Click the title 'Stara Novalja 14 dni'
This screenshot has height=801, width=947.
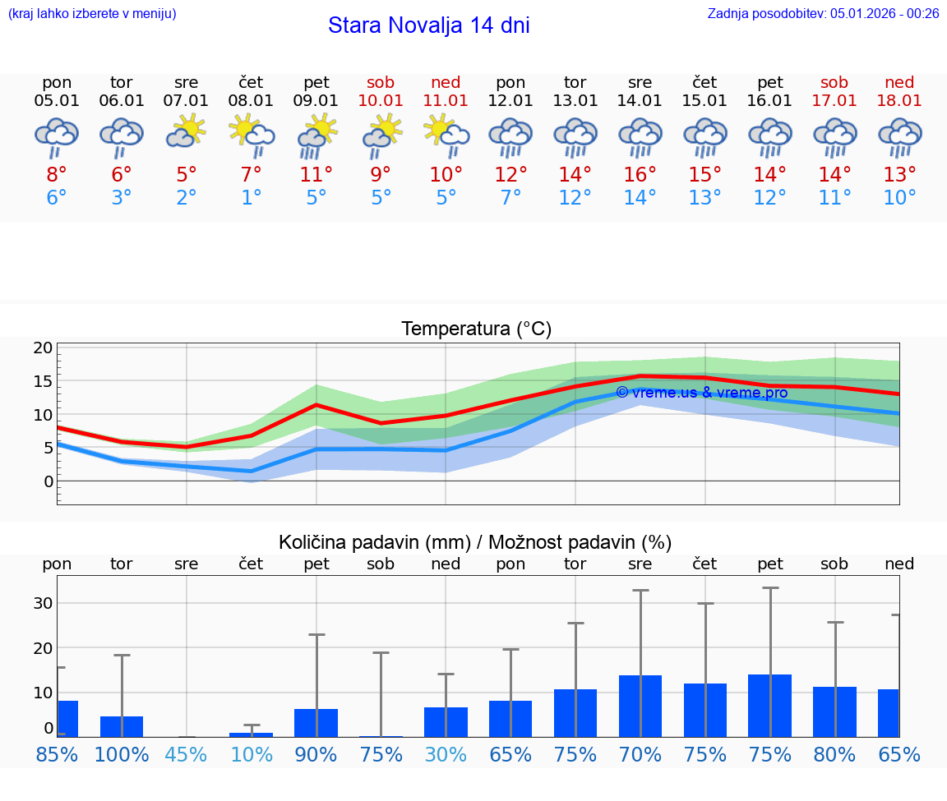(x=428, y=25)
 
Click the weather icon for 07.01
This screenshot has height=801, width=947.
(x=187, y=131)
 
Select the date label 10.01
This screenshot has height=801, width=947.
(x=381, y=100)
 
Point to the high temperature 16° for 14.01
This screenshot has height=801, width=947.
(x=640, y=174)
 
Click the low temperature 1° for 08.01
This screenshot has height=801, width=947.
(x=252, y=198)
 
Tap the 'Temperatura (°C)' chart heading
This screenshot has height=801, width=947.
(x=476, y=329)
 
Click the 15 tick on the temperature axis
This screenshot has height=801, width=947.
(x=43, y=381)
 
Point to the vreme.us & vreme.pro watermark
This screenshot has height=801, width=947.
(x=701, y=393)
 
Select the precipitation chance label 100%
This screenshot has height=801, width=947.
(x=122, y=754)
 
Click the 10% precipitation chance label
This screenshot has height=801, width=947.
(x=252, y=754)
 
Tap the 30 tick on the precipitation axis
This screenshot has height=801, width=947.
(x=43, y=603)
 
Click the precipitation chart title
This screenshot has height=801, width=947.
(x=475, y=542)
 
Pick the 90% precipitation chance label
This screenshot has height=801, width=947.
(x=316, y=754)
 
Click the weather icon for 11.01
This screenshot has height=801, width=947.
(x=446, y=134)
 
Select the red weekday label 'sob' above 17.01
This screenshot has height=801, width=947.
(x=834, y=82)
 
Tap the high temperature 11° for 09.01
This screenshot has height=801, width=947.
(x=316, y=174)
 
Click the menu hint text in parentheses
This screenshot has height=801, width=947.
(x=92, y=13)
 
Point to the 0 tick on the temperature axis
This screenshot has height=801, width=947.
(x=48, y=481)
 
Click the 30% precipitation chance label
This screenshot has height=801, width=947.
(x=446, y=754)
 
